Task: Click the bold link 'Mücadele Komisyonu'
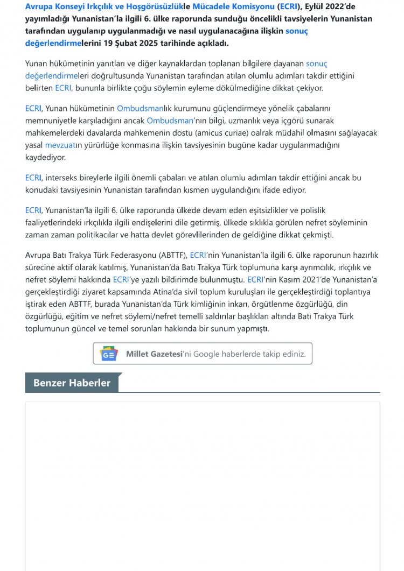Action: [x=239, y=7]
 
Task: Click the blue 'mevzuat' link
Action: [x=59, y=145]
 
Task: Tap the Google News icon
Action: [x=108, y=354]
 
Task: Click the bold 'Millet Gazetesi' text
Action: [x=154, y=354]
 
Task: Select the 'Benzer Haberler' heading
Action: [x=72, y=383]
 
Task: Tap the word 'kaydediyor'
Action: [x=45, y=158]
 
